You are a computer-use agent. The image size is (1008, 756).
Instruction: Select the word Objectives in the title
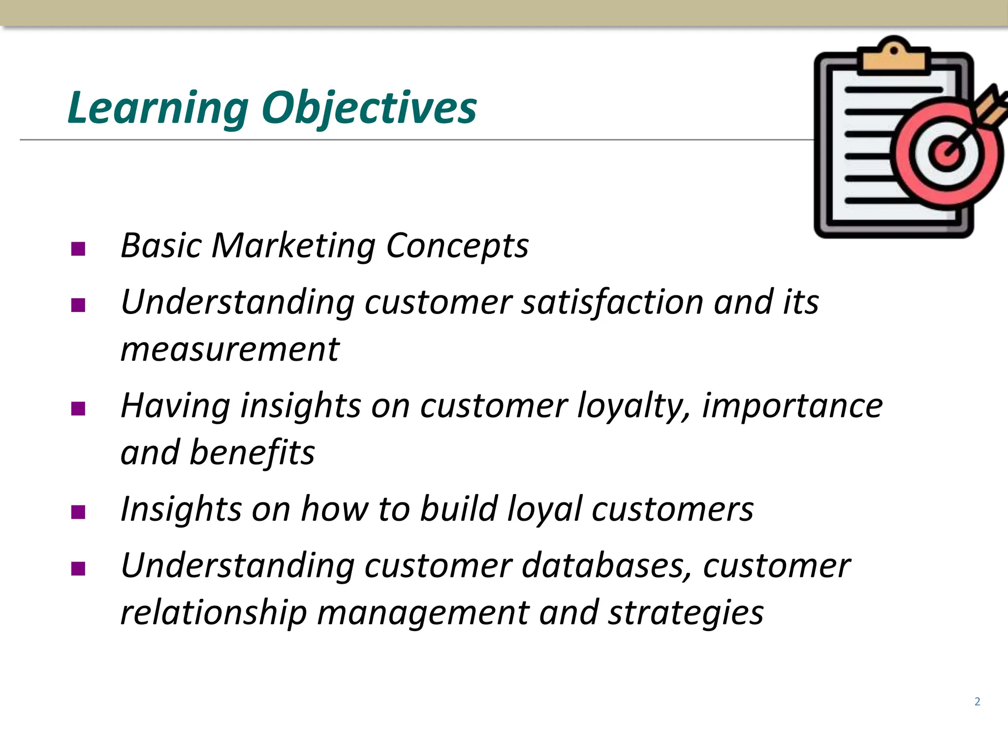coord(369,108)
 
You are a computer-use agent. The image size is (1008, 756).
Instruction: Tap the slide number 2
coord(977,701)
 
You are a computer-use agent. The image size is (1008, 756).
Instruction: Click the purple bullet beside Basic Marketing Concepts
coord(78,249)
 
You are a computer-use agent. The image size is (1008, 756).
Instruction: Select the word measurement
coord(230,349)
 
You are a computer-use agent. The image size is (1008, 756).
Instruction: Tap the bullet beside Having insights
coord(78,409)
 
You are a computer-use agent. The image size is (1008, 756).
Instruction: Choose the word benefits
coord(252,452)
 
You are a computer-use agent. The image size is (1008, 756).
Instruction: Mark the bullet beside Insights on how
coord(78,512)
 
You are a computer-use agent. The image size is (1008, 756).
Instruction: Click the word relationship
coord(214,612)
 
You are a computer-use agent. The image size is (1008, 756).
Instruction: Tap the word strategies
coord(686,612)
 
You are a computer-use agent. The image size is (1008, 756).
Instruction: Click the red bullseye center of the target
coord(945,154)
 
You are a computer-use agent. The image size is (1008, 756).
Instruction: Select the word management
coord(422,612)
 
